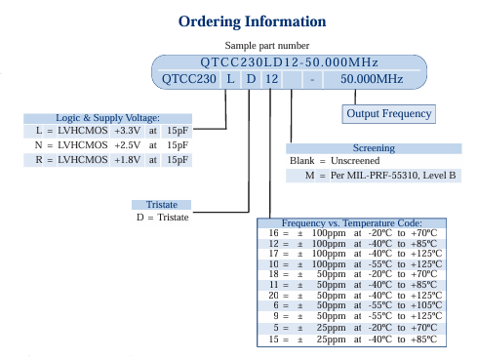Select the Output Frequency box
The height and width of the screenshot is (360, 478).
(x=388, y=113)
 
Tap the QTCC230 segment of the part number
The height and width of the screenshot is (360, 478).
(x=187, y=79)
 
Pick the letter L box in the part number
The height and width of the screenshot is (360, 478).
(x=230, y=79)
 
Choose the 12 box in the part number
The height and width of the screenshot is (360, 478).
(x=272, y=79)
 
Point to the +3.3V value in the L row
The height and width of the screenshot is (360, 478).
(x=127, y=130)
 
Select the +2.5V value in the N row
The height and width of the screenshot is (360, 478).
(x=127, y=143)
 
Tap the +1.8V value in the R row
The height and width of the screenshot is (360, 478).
(x=127, y=157)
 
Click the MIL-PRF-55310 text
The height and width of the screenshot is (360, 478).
(x=376, y=176)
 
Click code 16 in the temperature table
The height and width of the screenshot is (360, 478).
(x=274, y=233)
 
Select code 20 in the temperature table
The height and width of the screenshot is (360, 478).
(x=274, y=294)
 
